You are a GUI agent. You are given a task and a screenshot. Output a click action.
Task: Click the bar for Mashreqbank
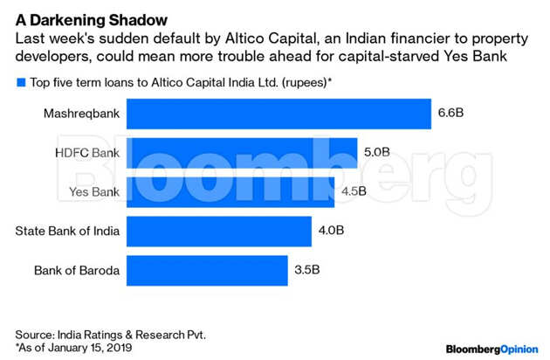coord(279,113)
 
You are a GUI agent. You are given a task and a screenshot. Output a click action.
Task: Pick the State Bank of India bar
coord(219,231)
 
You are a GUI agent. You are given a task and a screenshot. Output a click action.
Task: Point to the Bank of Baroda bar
coord(208,270)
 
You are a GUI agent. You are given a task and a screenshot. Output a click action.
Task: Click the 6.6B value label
coord(451,113)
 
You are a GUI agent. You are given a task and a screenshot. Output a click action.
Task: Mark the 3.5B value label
coord(306,270)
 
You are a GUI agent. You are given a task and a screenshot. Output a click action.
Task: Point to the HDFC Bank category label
coord(86,152)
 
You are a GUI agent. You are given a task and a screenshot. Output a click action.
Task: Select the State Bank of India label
coord(67,231)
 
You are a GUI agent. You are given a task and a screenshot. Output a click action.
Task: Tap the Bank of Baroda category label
coord(76,270)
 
